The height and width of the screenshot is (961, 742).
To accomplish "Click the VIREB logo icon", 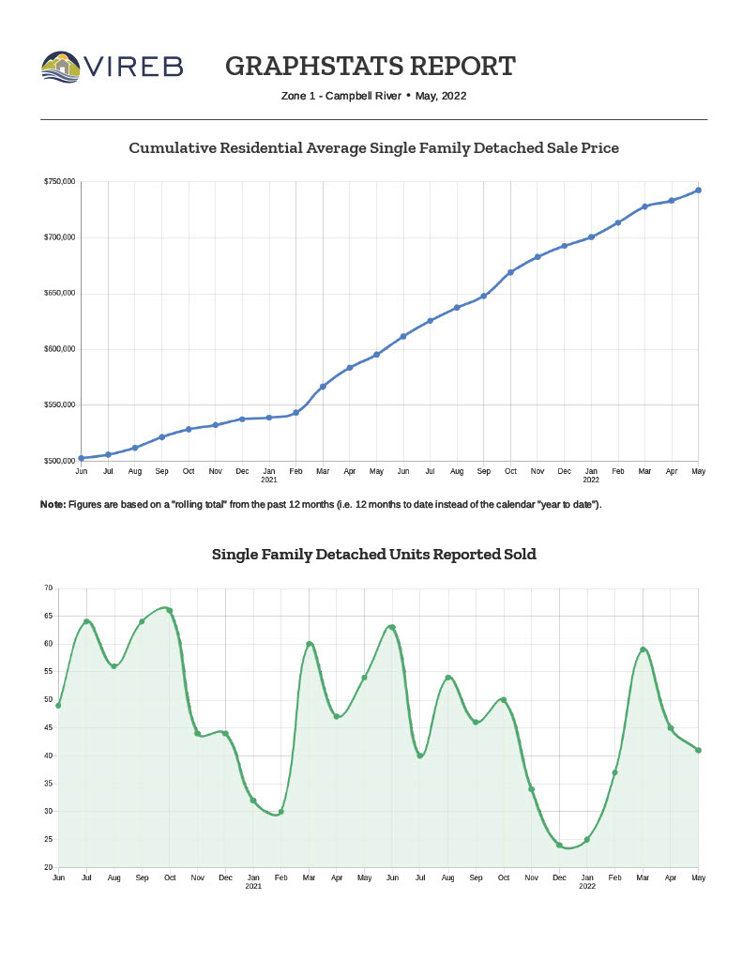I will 61,67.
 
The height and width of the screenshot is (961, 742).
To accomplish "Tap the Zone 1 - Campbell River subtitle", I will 341,96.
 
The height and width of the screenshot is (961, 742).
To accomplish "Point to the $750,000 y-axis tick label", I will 59,181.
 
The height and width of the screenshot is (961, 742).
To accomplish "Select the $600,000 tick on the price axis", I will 59,349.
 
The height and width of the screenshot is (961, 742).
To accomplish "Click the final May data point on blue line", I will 698,191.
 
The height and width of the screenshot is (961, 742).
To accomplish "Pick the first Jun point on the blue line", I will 82,458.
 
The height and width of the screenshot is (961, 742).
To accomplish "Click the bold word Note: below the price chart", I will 53,505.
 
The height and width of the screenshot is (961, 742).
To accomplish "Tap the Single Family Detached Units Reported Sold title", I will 373,555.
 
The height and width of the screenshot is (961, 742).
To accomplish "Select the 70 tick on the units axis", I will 48,588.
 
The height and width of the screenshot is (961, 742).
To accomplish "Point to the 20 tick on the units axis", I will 48,867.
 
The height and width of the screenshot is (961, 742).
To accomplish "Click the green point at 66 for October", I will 169,611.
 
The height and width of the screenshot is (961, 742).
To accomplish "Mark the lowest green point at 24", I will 559,845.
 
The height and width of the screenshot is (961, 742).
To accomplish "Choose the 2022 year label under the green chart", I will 586,886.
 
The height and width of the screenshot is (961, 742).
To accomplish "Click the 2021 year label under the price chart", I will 269,480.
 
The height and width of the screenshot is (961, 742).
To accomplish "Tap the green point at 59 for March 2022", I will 644,649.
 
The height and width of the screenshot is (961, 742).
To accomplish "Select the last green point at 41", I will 699,750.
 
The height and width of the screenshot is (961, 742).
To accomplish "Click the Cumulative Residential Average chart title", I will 373,148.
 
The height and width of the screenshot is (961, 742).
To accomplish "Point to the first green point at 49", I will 58,705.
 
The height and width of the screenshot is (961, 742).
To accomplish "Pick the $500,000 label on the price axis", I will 59,461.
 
